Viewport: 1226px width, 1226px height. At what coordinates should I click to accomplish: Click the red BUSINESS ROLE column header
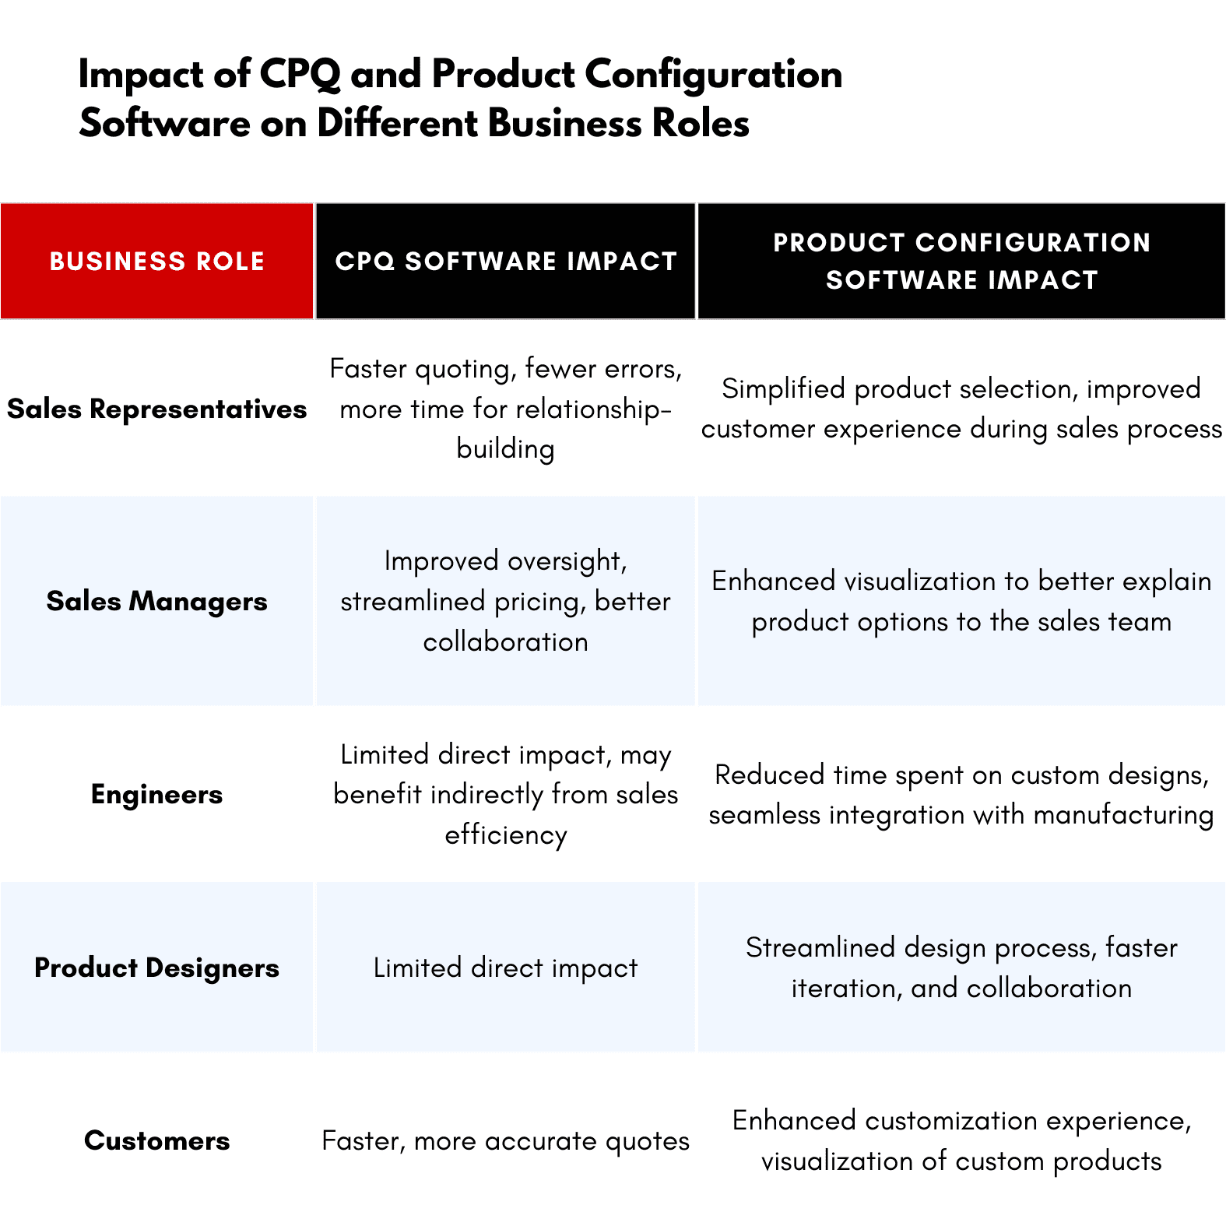click(x=156, y=262)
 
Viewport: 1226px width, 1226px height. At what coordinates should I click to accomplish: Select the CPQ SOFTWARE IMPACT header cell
click(x=506, y=262)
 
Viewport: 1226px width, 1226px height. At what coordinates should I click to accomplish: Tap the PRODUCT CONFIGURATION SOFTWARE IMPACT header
click(x=961, y=262)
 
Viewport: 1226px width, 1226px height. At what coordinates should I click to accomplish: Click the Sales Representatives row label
click(x=156, y=409)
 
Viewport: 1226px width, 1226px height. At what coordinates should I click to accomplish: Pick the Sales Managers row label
click(x=156, y=602)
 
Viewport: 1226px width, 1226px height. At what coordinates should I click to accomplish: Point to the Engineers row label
click(x=156, y=795)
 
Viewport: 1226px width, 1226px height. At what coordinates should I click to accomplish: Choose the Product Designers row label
click(x=156, y=968)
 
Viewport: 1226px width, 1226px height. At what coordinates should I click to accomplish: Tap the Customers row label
click(x=156, y=1141)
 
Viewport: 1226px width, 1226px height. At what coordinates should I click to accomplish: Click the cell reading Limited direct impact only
click(x=506, y=968)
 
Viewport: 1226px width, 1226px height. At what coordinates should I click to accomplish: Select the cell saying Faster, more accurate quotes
click(x=506, y=1141)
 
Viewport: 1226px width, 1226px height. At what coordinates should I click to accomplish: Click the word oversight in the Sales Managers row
click(x=567, y=561)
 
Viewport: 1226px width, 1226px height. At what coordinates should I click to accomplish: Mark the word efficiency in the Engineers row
click(x=506, y=835)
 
